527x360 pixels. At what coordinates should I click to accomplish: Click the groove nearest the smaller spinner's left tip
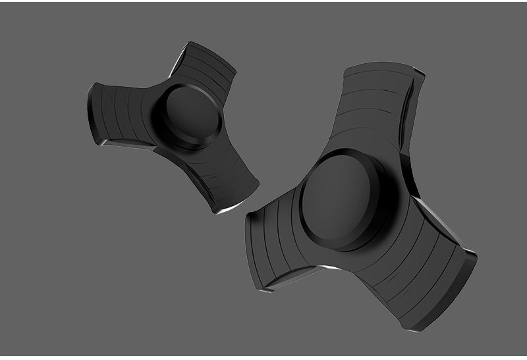pyautogui.click(x=109, y=109)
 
